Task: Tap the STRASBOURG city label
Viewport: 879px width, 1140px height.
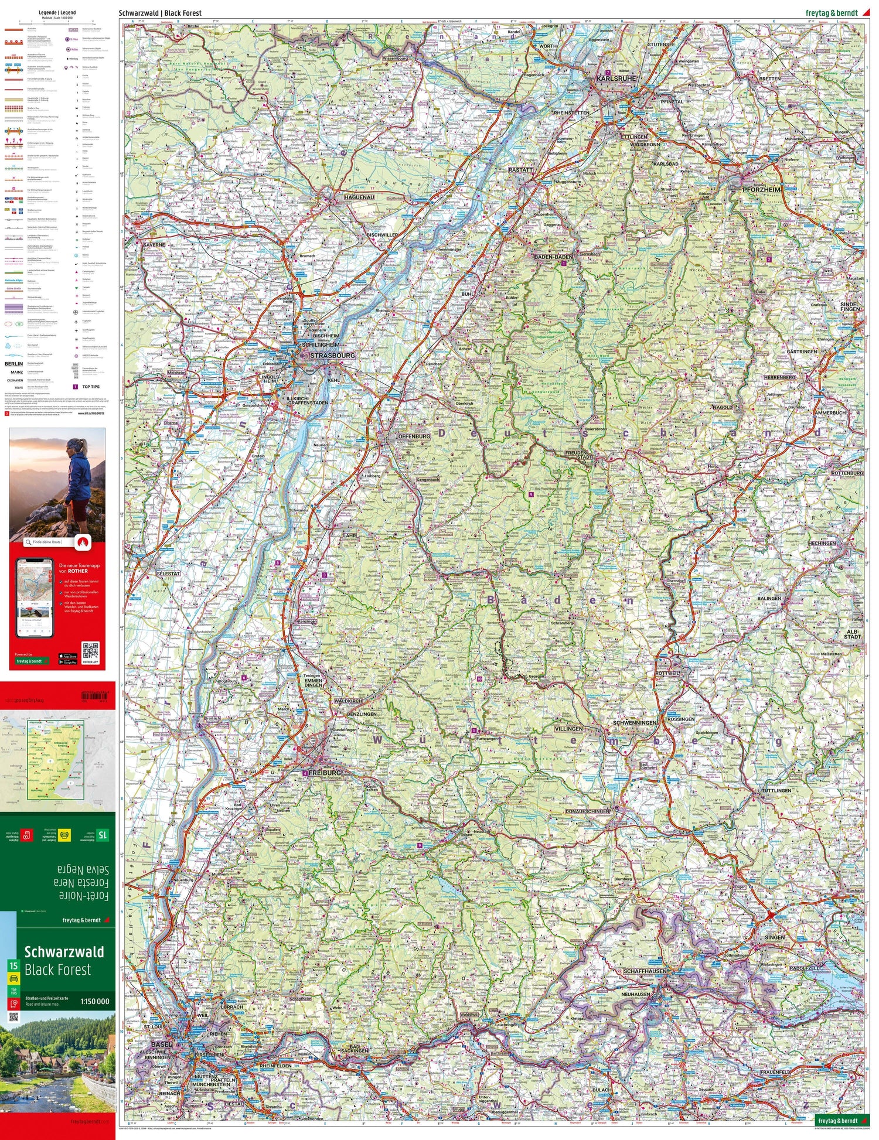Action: [x=332, y=356]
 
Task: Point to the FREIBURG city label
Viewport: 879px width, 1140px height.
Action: [x=323, y=773]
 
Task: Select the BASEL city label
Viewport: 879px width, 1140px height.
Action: [x=161, y=1044]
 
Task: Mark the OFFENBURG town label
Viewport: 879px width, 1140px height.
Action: [x=414, y=436]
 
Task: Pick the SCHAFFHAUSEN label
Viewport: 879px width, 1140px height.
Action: [x=645, y=971]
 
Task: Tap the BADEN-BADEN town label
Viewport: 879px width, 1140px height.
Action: [x=553, y=257]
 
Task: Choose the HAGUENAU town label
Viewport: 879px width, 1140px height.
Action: [x=359, y=197]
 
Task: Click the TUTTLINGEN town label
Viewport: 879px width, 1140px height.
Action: [x=776, y=790]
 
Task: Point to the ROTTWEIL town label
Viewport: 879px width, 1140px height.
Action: [x=667, y=673]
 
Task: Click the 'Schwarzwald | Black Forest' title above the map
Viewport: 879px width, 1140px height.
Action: [x=160, y=13]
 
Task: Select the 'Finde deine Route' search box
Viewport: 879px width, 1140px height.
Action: [x=49, y=542]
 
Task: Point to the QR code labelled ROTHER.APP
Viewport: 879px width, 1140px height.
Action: [x=90, y=651]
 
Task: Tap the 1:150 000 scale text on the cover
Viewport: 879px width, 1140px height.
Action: [x=95, y=1001]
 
